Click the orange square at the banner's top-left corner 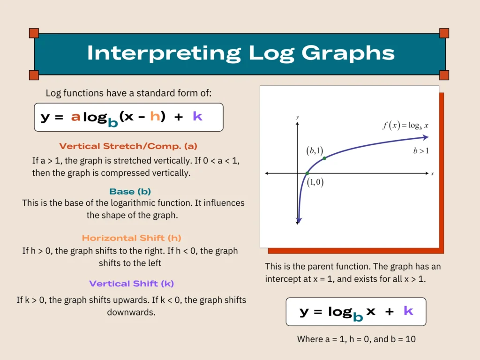click(34, 33)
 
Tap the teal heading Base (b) click(130, 192)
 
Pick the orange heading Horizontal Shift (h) click(131, 238)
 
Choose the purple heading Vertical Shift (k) click(131, 284)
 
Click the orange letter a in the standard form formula click(75, 117)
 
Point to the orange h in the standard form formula click(155, 117)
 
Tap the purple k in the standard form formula click(197, 117)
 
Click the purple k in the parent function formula click(408, 311)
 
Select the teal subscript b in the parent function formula click(358, 317)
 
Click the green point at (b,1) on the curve click(324, 158)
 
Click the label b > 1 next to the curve click(420, 151)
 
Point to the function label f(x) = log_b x click(406, 126)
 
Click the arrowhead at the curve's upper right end click(425, 137)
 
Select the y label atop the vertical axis click(297, 117)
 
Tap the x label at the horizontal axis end click(432, 173)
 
